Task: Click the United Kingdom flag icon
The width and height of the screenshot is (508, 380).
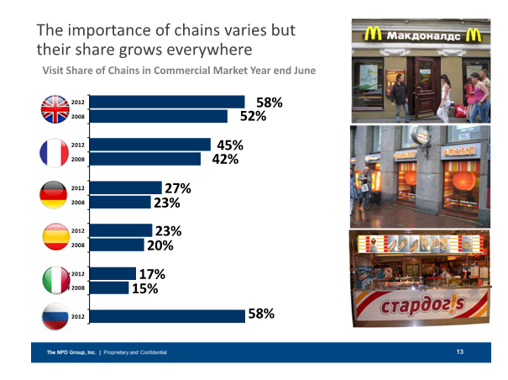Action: click(55, 108)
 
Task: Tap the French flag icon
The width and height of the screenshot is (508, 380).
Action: click(55, 152)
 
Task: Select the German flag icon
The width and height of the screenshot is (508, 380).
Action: click(55, 195)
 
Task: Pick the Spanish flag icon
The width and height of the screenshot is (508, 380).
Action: click(55, 238)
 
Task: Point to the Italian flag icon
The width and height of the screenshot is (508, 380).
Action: click(55, 281)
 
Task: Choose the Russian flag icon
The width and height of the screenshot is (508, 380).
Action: click(55, 317)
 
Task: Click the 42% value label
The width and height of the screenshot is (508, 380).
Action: click(226, 160)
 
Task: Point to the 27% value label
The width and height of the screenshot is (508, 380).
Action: click(179, 187)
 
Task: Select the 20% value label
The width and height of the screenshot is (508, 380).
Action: click(160, 245)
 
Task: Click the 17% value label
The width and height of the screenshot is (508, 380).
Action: click(152, 273)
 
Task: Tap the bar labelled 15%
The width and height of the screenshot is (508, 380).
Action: click(108, 288)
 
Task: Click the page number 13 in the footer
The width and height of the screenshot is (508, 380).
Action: click(459, 351)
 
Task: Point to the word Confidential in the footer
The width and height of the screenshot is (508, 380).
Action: click(150, 351)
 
